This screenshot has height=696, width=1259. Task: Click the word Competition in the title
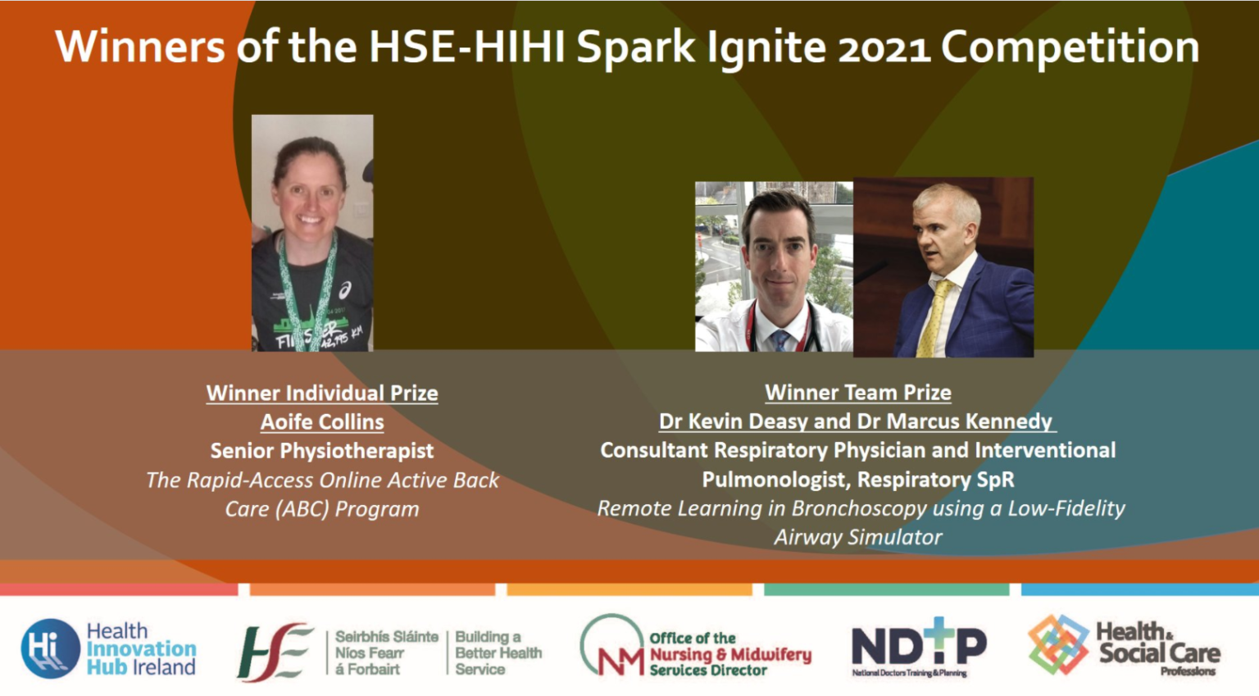pos(1070,48)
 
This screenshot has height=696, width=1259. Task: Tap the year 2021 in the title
pos(884,48)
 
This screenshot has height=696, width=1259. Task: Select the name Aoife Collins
pos(322,422)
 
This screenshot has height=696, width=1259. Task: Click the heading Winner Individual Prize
pos(322,393)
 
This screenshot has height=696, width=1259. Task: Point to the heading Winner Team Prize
pos(858,393)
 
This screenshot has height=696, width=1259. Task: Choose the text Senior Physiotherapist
pos(322,451)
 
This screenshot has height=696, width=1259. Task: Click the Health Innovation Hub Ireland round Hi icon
pos(50,648)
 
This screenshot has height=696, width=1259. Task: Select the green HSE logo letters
pos(274,652)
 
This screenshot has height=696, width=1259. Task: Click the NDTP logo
pos(918,646)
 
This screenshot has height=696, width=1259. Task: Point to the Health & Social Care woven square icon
pos(1058,644)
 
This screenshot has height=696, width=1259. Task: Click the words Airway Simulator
pos(858,538)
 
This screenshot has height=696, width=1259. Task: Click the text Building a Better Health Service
pos(498,653)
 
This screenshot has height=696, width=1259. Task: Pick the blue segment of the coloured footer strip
pos(1139,589)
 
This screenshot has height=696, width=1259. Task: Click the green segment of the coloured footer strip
pos(886,589)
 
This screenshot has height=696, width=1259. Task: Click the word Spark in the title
pos(635,48)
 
